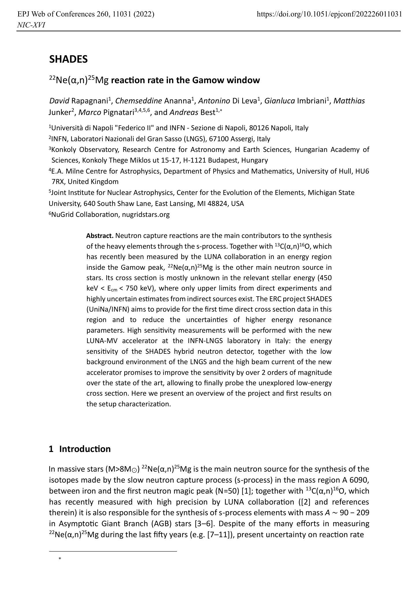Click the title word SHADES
tap(68, 59)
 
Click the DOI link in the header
tap(329, 14)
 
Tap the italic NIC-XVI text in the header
tap(31, 25)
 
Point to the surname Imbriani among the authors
tap(312, 101)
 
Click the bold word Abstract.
tap(100, 236)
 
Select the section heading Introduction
tap(85, 449)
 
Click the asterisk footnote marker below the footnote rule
tap(60, 559)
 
